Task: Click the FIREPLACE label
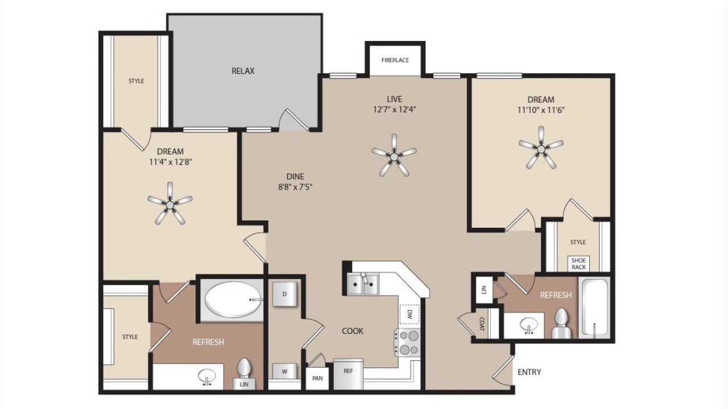tap(395, 60)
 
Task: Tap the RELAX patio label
tap(243, 71)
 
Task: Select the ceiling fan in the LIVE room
tap(394, 156)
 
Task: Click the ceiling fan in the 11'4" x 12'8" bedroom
tap(170, 204)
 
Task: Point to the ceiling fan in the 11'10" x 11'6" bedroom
tap(541, 148)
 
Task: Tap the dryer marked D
tap(284, 294)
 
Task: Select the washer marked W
tap(285, 372)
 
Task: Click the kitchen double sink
tap(363, 285)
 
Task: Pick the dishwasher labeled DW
tap(409, 314)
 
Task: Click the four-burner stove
tap(407, 343)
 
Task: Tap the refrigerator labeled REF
tap(349, 374)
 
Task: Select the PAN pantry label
tap(317, 378)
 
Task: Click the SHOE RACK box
tap(578, 264)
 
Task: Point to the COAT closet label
tap(482, 324)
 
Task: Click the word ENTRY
tap(530, 372)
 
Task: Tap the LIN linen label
tap(244, 385)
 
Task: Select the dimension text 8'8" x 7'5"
tap(295, 187)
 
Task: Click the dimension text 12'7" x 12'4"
tap(395, 110)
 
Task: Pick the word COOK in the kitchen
tap(353, 331)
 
